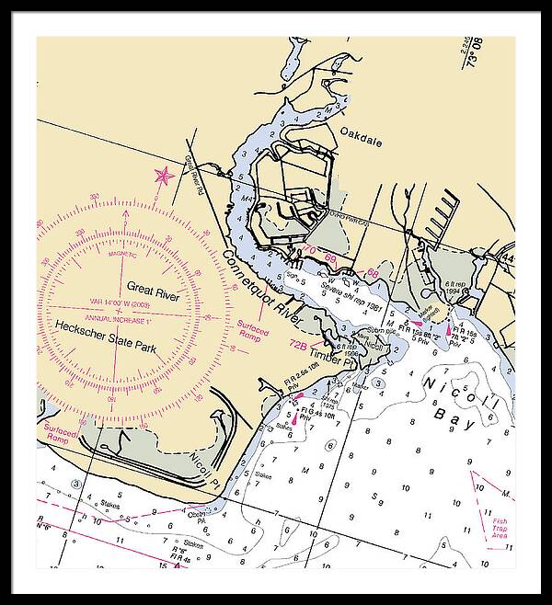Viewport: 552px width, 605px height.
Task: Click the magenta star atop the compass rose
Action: pyautogui.click(x=162, y=175)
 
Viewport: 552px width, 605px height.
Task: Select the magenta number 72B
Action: pyautogui.click(x=298, y=345)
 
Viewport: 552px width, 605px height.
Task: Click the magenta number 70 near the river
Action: pyautogui.click(x=309, y=251)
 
